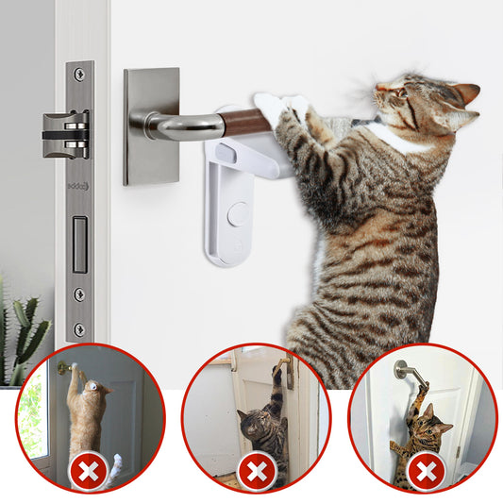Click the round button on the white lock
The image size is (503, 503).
[238, 213]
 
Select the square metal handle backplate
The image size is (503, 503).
[151, 125]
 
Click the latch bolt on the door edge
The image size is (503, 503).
[65, 133]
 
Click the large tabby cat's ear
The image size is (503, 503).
[462, 93]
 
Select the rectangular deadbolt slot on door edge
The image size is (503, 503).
[79, 243]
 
